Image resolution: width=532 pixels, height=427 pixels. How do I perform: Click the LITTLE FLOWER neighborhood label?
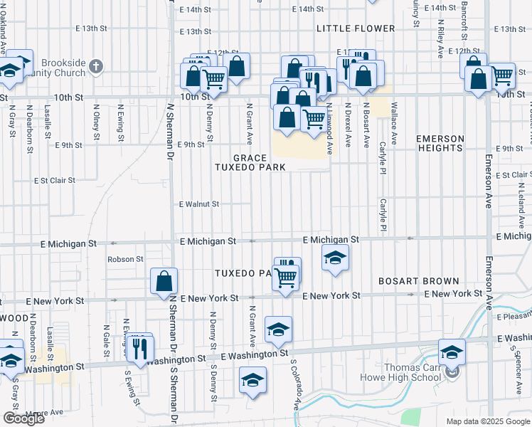pyautogui.click(x=356, y=28)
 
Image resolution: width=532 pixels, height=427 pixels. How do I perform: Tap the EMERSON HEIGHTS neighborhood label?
pyautogui.click(x=440, y=143)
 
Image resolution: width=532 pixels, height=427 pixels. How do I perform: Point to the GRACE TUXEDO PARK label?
pyautogui.click(x=251, y=162)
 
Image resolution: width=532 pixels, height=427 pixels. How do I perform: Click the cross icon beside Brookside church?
pyautogui.click(x=97, y=67)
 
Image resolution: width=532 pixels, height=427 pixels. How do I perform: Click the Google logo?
pyautogui.click(x=23, y=418)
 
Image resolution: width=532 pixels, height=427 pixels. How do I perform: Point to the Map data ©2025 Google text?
pyautogui.click(x=488, y=421)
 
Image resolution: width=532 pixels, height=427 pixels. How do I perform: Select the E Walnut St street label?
pyautogui.click(x=198, y=204)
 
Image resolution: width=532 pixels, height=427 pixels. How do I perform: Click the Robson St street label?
pyautogui.click(x=125, y=260)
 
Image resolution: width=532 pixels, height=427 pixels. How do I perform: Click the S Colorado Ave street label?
pyautogui.click(x=294, y=384)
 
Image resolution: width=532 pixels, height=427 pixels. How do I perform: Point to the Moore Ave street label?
pyautogui.click(x=44, y=412)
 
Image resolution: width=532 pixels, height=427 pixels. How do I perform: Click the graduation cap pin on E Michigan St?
pyautogui.click(x=335, y=258)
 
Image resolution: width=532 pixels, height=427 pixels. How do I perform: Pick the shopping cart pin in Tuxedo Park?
pyautogui.click(x=285, y=276)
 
